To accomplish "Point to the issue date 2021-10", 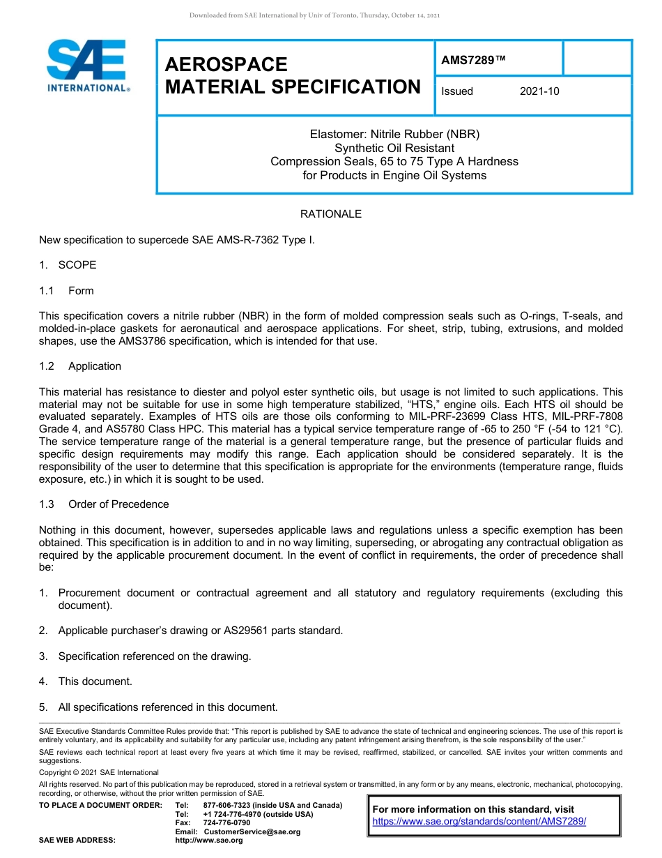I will click(x=539, y=91).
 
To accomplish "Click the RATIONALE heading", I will click(x=330, y=214).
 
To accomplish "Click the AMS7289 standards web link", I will click(x=479, y=821).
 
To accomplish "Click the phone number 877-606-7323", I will click(x=226, y=805).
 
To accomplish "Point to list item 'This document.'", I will click(x=95, y=682).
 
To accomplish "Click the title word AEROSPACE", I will click(x=226, y=65).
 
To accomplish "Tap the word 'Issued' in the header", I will click(x=457, y=91).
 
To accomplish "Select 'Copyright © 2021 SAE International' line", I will click(x=99, y=772).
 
